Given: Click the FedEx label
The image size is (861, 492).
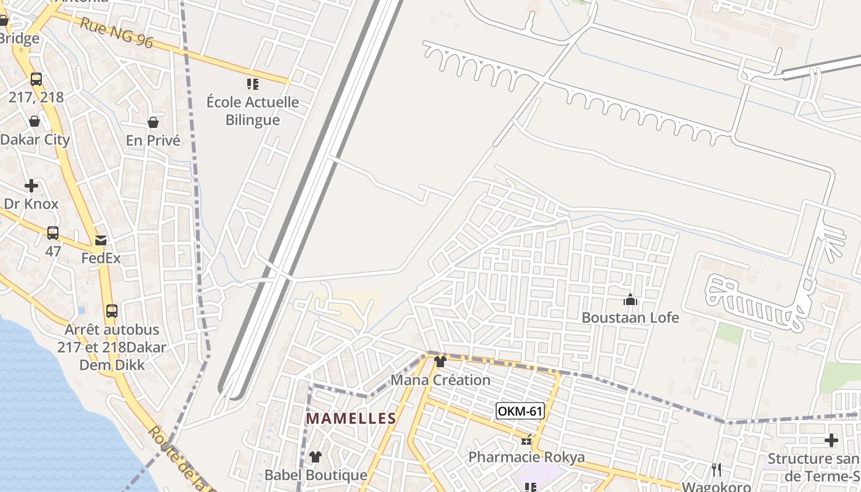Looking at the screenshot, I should pyautogui.click(x=101, y=258).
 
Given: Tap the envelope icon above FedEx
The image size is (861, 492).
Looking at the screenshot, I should pyautogui.click(x=100, y=240).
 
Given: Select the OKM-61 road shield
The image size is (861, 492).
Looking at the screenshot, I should pyautogui.click(x=520, y=411).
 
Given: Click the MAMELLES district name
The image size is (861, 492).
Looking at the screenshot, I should pyautogui.click(x=351, y=419).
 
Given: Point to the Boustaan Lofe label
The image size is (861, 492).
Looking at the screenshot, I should pyautogui.click(x=630, y=318).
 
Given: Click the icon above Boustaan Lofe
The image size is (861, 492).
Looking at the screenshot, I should pyautogui.click(x=630, y=300).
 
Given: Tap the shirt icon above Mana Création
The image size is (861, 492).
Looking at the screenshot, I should pyautogui.click(x=440, y=362).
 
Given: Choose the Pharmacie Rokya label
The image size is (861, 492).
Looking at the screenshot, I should pyautogui.click(x=526, y=458).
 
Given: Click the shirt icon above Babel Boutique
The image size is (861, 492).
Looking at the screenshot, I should pyautogui.click(x=315, y=457).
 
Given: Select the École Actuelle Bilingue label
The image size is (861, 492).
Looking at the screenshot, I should pyautogui.click(x=252, y=111).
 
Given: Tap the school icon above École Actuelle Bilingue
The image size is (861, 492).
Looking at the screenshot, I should pyautogui.click(x=252, y=84).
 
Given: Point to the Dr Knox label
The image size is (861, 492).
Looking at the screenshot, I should pyautogui.click(x=31, y=204).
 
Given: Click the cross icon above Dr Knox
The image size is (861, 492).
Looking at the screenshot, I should pyautogui.click(x=31, y=186).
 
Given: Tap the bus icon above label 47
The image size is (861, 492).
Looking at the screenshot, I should pyautogui.click(x=53, y=233).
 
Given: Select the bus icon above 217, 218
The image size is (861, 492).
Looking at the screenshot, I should pyautogui.click(x=36, y=79).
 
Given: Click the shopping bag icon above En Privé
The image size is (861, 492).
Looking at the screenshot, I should pyautogui.click(x=153, y=122).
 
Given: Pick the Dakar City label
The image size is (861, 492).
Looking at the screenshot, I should pyautogui.click(x=35, y=140).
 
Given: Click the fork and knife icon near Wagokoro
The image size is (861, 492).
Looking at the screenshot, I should pyautogui.click(x=716, y=470).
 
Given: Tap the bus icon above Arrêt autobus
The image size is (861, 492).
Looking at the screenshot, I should pyautogui.click(x=111, y=311).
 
